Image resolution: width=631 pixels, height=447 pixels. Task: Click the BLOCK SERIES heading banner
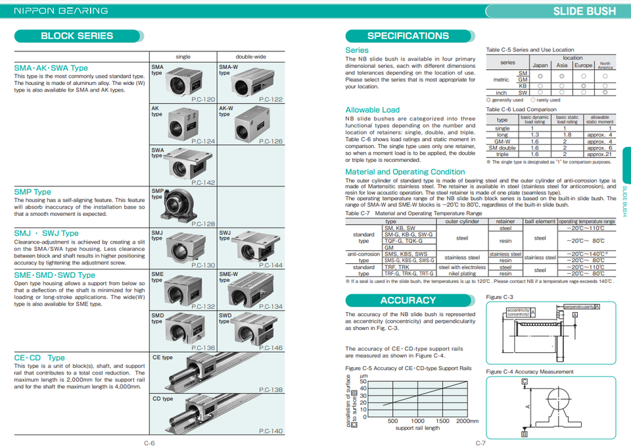tap(77, 36)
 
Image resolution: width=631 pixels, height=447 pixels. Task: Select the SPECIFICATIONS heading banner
tap(408, 36)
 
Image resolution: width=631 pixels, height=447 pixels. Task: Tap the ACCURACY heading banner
tap(408, 300)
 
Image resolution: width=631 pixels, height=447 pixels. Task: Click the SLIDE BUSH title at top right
tap(584, 11)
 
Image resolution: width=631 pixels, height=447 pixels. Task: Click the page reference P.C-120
tap(203, 100)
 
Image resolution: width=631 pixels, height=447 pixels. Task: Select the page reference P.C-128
tap(203, 224)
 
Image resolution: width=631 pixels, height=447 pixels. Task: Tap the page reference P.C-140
tap(271, 431)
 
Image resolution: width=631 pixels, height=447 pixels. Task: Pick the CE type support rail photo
tap(223, 372)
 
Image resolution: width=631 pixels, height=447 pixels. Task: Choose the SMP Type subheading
tap(32, 192)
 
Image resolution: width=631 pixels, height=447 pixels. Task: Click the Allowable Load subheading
tap(372, 110)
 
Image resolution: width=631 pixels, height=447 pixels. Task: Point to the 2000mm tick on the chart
tap(467, 421)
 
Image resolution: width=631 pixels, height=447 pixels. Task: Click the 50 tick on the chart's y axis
tap(363, 381)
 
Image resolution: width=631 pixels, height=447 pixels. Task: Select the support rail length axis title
tap(417, 428)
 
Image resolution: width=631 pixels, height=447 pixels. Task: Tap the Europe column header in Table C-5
tap(583, 65)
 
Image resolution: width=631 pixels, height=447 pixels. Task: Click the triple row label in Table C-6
tap(502, 154)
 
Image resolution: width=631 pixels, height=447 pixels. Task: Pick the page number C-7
tap(480, 442)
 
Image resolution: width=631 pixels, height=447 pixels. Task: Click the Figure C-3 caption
tap(499, 298)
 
